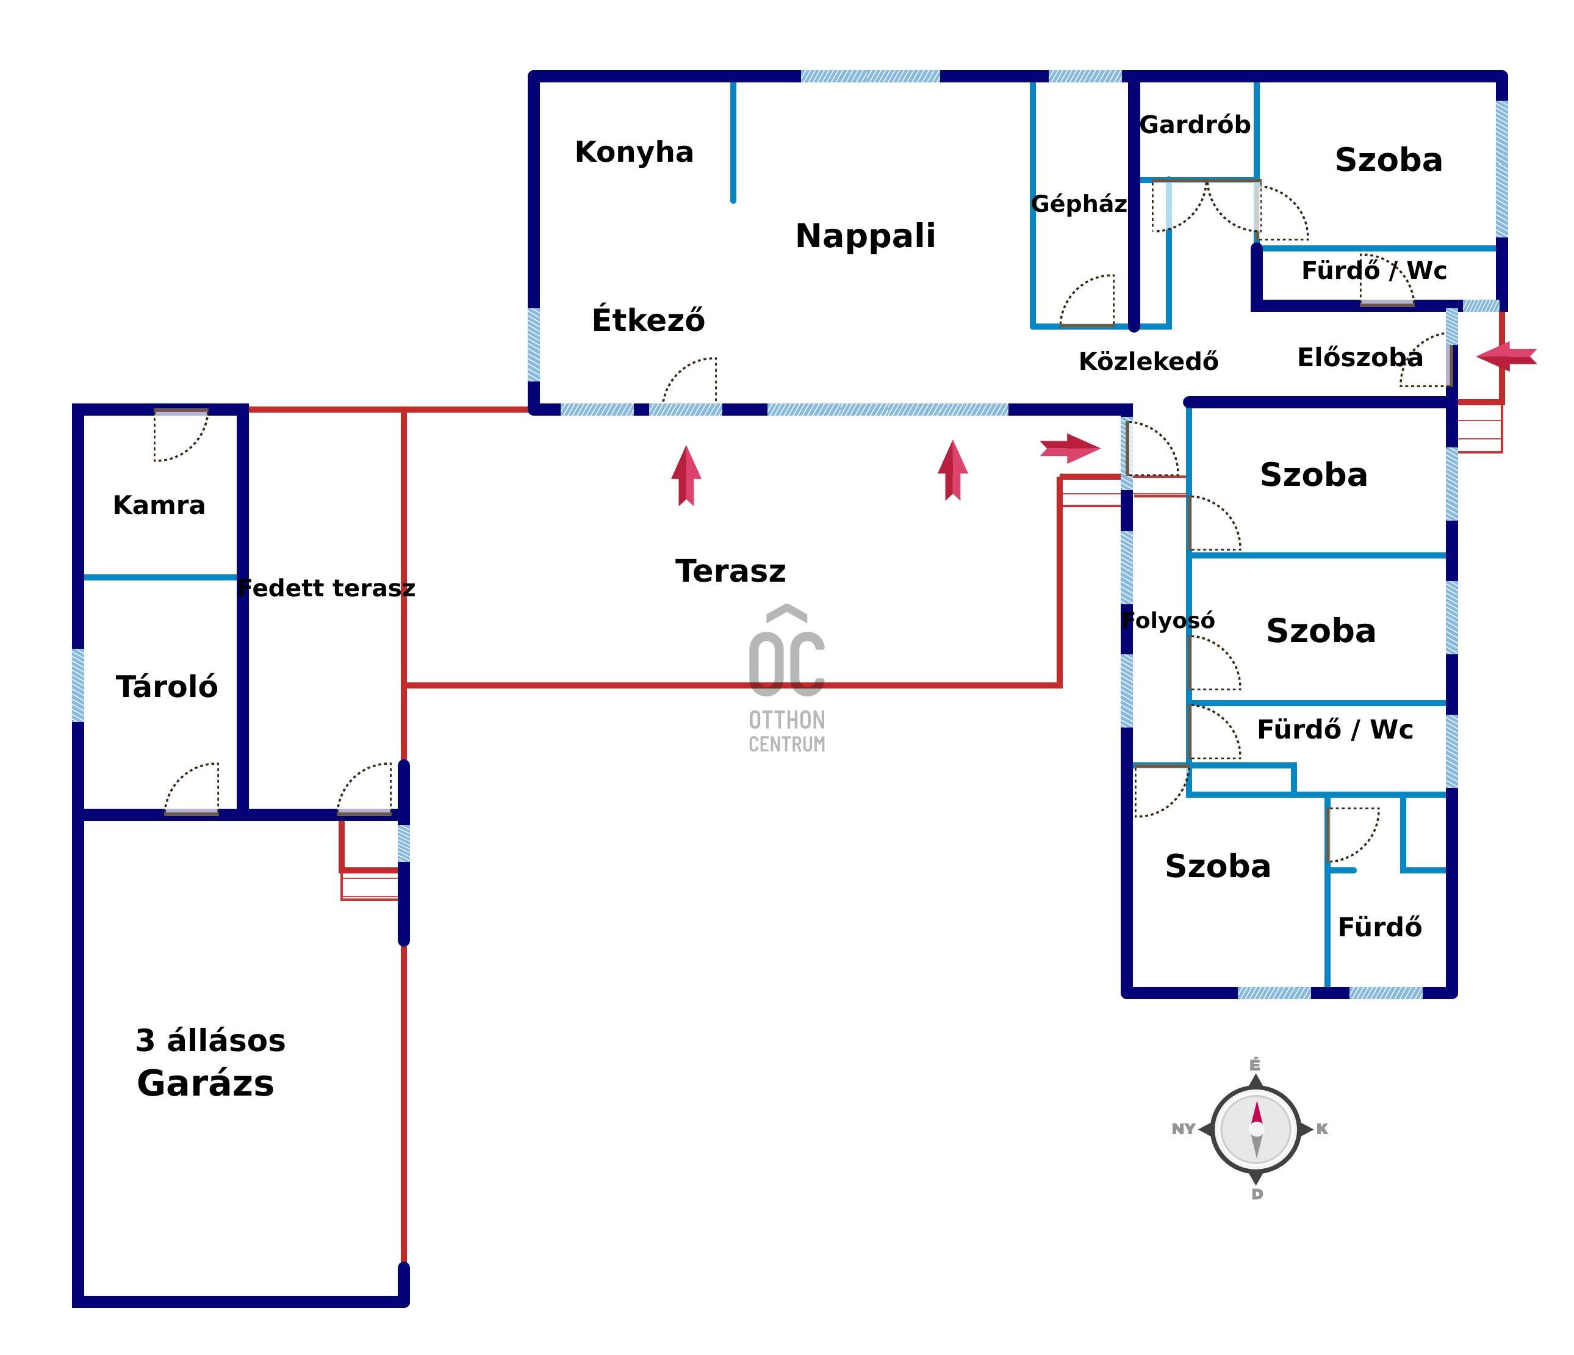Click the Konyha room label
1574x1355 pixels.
(x=634, y=152)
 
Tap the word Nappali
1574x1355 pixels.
(x=865, y=236)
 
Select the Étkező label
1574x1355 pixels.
(x=648, y=320)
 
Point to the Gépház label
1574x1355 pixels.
(x=1079, y=204)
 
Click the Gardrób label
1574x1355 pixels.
(x=1195, y=125)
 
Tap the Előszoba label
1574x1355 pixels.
(x=1360, y=357)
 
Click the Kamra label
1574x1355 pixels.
(x=159, y=505)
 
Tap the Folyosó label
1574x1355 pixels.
(x=1168, y=621)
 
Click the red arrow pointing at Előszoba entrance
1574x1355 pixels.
(x=1506, y=356)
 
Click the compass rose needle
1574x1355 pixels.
(x=1257, y=1129)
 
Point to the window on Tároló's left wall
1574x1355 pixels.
(x=78, y=685)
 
